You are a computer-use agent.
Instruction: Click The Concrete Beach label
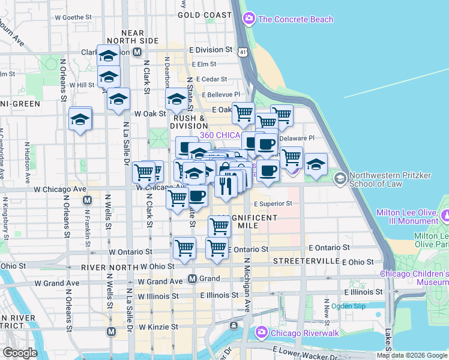pos(295,19)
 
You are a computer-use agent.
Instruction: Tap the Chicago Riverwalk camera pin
pos(262,332)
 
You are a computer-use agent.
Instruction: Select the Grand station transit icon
pos(193,279)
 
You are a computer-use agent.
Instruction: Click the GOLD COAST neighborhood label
pos(204,14)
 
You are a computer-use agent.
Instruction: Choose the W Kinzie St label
pos(158,328)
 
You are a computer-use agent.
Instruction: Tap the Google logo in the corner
pos(20,353)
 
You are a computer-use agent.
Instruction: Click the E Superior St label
pos(273,203)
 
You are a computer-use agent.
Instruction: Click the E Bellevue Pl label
pos(221,95)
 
